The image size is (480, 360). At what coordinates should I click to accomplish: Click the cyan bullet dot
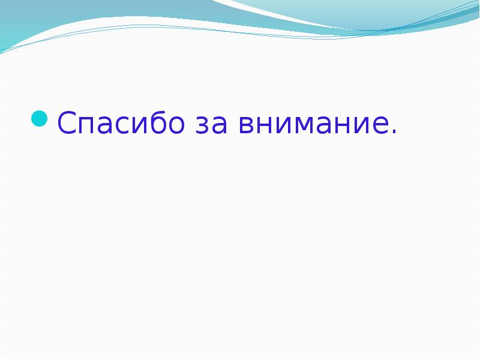tap(40, 118)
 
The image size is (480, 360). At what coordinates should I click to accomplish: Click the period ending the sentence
tap(394, 131)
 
